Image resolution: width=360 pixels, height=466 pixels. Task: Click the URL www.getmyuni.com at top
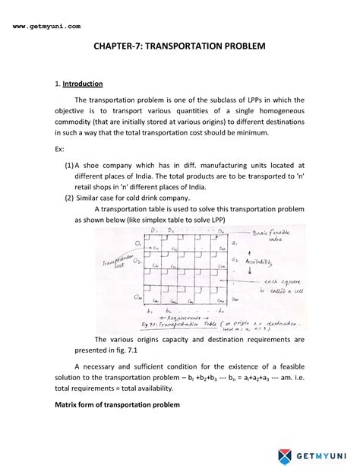pyautogui.click(x=46, y=26)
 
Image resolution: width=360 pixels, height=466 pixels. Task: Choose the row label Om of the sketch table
pyautogui.click(x=137, y=297)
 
